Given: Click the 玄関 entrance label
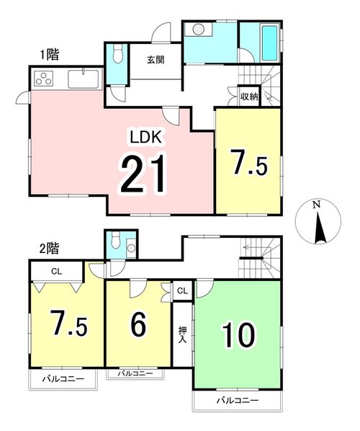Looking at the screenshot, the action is (x=156, y=60).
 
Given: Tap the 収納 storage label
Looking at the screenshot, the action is (x=249, y=96).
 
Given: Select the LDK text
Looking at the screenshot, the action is (x=145, y=137).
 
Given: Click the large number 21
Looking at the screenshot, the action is (x=143, y=174).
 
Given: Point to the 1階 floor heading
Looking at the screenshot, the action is (x=50, y=55).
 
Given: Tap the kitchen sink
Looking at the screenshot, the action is (x=83, y=79).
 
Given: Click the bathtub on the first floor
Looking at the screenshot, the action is (x=269, y=43).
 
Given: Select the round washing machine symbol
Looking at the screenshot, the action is (x=198, y=29).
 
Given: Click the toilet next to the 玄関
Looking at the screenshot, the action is (x=118, y=54).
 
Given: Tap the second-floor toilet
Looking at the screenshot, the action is (x=117, y=240).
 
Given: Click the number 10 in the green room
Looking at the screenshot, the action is (x=238, y=335).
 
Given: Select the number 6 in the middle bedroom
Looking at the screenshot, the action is (x=138, y=324).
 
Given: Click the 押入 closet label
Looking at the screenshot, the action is (x=182, y=334).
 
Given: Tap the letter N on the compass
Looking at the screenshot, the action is (x=317, y=205).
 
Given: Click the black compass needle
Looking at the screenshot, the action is (x=318, y=228).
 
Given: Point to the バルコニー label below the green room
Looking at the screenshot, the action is (x=238, y=400).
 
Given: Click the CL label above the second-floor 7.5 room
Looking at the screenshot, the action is (x=57, y=271).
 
